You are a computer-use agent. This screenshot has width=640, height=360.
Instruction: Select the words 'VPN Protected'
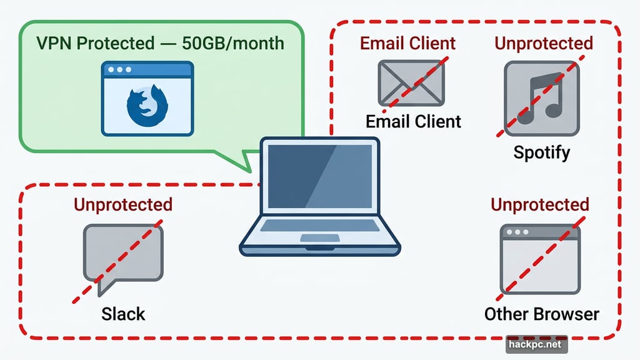click(94, 43)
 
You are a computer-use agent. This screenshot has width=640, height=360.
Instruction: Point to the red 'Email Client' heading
click(408, 43)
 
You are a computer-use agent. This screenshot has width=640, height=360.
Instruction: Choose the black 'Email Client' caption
click(413, 121)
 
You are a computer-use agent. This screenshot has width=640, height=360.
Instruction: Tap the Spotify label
click(541, 152)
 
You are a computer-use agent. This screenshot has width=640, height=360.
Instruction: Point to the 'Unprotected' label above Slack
click(123, 204)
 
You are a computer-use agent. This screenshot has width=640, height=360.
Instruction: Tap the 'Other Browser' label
click(541, 313)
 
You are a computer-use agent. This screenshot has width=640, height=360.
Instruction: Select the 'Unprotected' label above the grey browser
click(540, 204)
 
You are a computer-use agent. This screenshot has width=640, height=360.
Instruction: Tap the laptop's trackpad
click(319, 237)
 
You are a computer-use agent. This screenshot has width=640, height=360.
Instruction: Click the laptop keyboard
click(319, 226)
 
